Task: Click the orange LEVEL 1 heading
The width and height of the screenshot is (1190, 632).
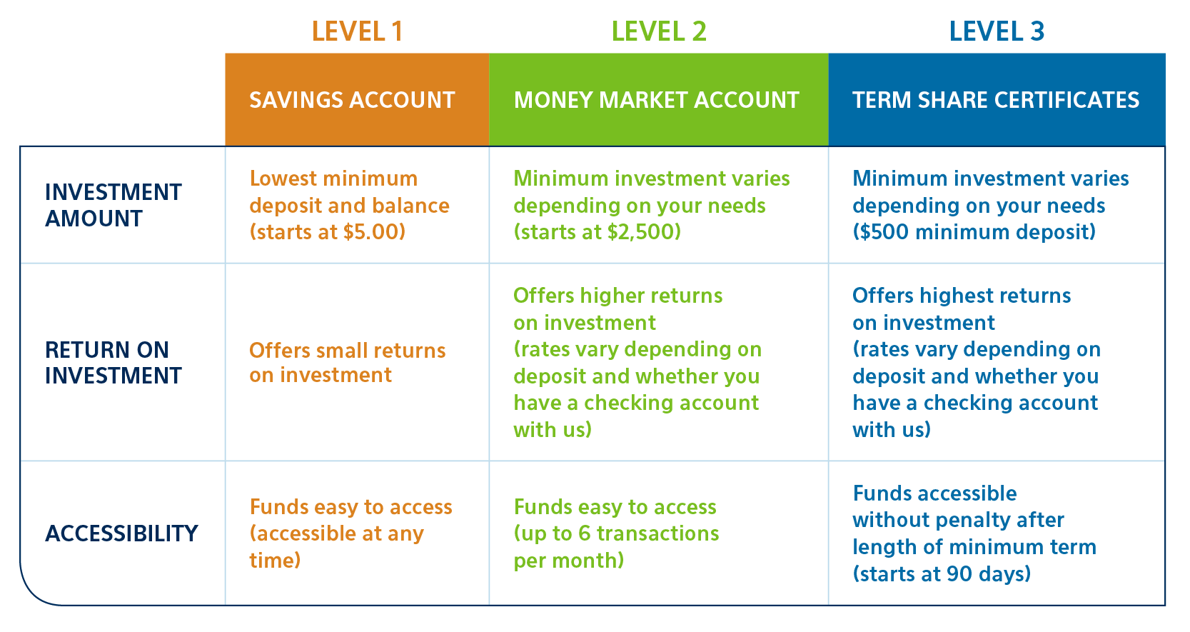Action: pos(357,31)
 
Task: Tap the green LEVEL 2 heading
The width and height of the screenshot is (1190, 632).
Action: pos(659,31)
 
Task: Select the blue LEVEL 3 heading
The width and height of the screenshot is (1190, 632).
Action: pos(997,31)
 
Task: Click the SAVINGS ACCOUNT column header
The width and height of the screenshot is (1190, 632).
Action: pos(352,100)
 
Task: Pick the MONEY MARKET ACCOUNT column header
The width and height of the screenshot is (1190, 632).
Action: pos(656,100)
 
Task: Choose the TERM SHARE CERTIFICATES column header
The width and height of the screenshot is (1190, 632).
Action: pos(996,100)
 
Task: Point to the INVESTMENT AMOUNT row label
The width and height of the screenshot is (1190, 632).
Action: pos(114,205)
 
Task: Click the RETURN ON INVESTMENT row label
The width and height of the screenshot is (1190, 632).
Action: pos(114,363)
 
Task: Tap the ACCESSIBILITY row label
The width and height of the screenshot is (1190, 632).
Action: pos(121,533)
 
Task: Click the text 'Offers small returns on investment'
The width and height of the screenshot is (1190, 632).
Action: pos(348,363)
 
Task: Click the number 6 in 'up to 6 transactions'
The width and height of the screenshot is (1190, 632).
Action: pos(585,533)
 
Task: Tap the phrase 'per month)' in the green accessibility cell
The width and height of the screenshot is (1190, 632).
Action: pos(568,561)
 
